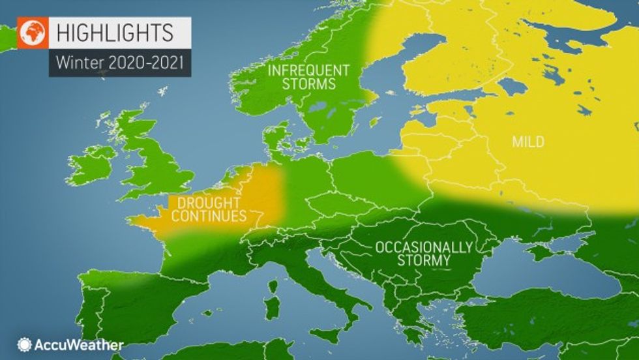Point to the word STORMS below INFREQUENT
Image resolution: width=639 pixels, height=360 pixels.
pyautogui.click(x=310, y=84)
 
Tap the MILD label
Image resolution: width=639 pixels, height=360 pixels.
pyautogui.click(x=528, y=142)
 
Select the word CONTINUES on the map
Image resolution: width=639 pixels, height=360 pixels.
pyautogui.click(x=208, y=215)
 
